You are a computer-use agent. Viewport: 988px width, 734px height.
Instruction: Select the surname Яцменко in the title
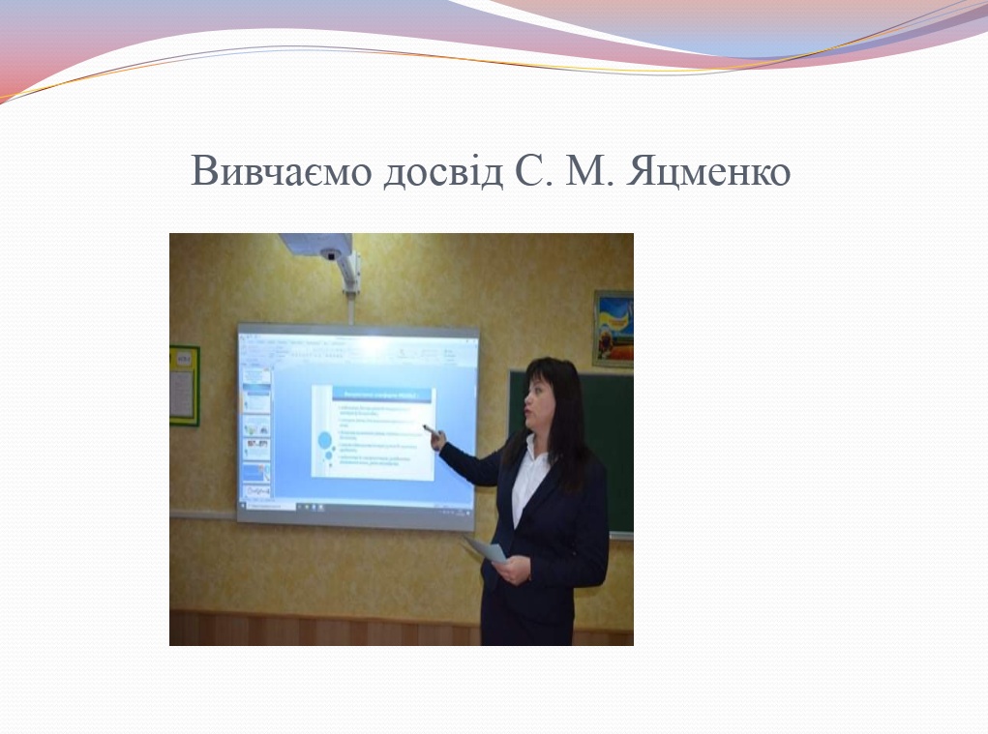(710, 171)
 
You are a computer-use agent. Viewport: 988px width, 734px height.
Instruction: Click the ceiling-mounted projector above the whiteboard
(320, 248)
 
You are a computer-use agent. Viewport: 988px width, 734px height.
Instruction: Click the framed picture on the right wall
(614, 328)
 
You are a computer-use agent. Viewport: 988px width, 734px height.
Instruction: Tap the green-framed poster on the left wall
(184, 385)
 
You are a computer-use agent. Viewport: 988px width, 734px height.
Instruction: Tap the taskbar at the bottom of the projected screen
(358, 506)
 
